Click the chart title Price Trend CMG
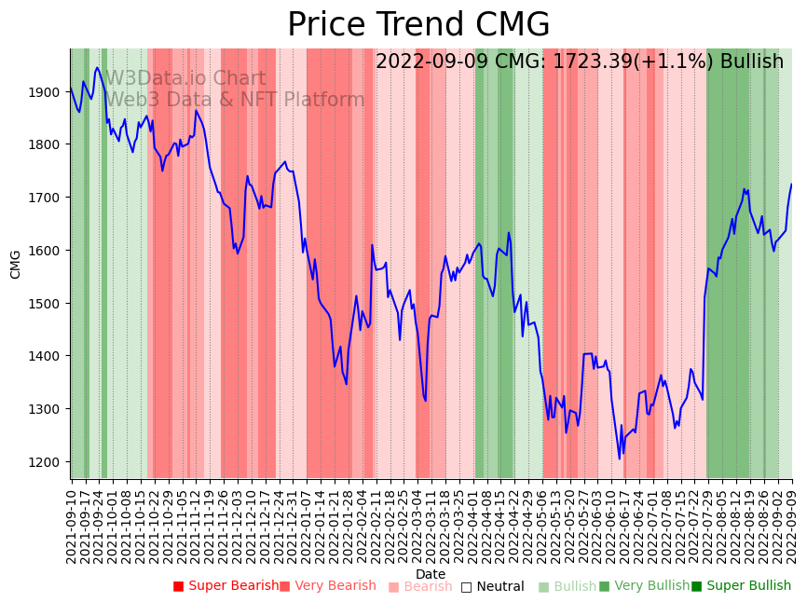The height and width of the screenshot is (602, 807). coord(418,24)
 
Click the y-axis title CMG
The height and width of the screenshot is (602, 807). coord(15,264)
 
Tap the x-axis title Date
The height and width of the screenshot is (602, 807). coord(431,574)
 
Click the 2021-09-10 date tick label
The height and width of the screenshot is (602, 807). coord(72,522)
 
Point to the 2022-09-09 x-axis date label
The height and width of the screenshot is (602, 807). coord(792,522)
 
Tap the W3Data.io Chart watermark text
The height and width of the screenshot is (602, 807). coord(185,79)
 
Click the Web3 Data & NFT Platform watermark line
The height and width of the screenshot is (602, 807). coord(235,100)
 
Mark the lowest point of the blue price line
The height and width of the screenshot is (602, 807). coord(619,458)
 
